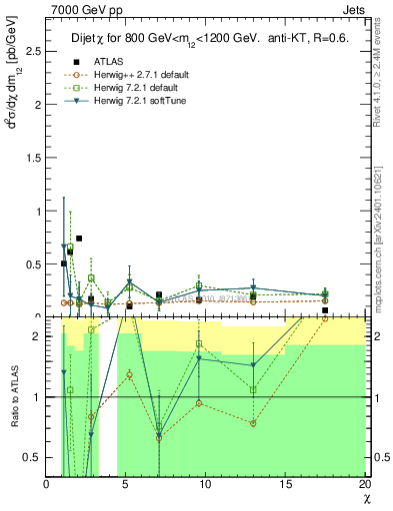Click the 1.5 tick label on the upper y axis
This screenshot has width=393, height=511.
35,159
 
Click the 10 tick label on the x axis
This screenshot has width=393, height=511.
206,484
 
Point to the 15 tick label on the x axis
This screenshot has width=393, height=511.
286,484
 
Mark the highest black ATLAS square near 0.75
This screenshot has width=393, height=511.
79,239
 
